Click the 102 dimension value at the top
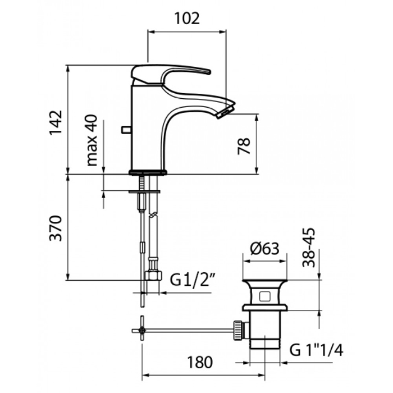187,19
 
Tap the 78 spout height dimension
244,147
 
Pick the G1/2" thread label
194,279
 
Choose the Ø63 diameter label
264,249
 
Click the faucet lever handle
168,74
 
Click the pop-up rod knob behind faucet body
125,130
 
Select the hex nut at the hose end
152,276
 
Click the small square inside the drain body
265,295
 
